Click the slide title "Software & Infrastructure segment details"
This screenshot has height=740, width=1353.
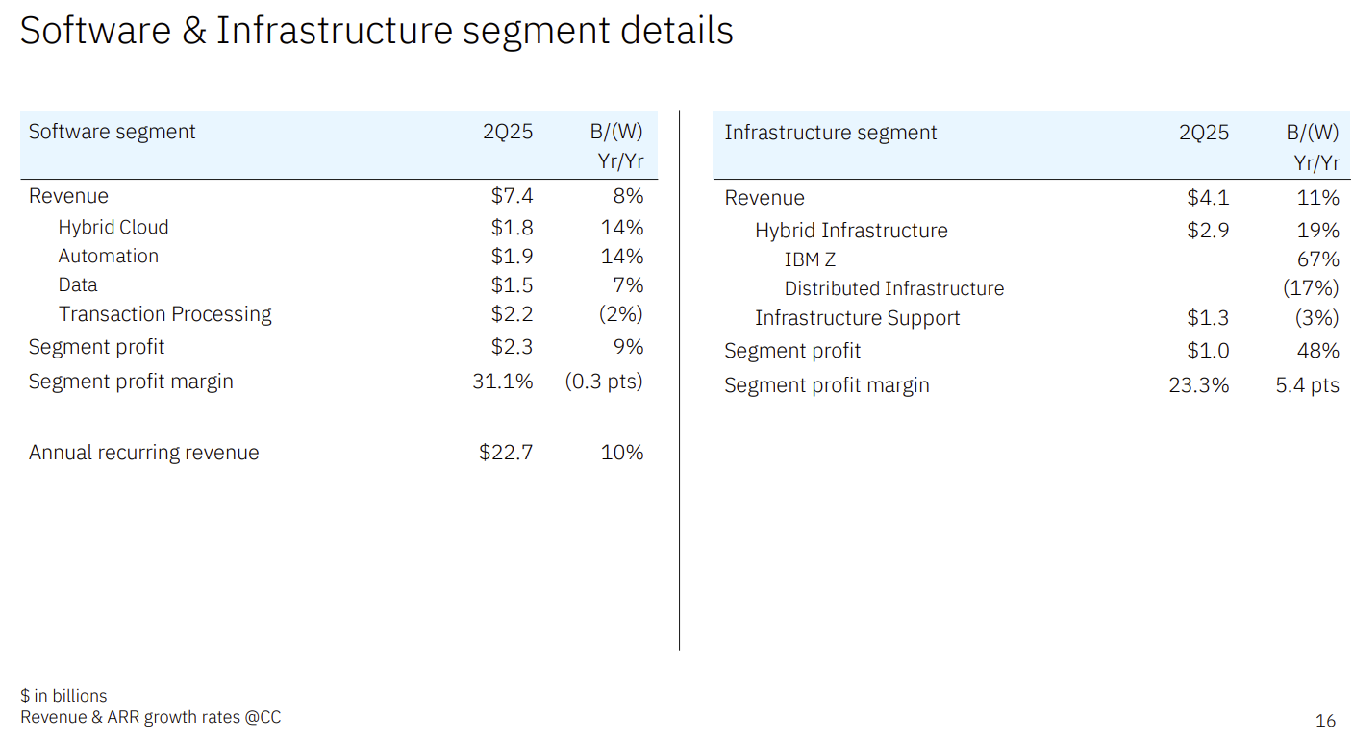coord(376,31)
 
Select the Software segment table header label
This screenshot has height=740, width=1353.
coord(112,132)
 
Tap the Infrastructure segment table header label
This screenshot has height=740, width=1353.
coord(830,133)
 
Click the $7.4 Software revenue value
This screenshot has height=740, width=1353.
coord(512,196)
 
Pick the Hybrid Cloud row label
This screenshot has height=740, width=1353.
coord(113,227)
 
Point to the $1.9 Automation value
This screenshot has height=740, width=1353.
coord(512,256)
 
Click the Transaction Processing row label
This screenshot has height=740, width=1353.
coord(164,314)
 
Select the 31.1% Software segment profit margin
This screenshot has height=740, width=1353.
coord(502,382)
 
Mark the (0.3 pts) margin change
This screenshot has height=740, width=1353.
coord(603,382)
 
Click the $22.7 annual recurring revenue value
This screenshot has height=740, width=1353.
coord(506,453)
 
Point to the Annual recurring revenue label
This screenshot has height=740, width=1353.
coord(143,453)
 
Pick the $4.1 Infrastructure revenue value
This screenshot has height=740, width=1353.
coord(1208,198)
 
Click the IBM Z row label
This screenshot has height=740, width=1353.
coord(810,259)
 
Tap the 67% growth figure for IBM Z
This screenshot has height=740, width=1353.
coord(1317,259)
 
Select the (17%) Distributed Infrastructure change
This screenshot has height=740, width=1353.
coord(1311,288)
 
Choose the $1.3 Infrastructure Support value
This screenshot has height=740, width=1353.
coord(1208,318)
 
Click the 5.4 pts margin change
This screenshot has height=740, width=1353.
coord(1307,385)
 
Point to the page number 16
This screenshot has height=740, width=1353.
coord(1325,720)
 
